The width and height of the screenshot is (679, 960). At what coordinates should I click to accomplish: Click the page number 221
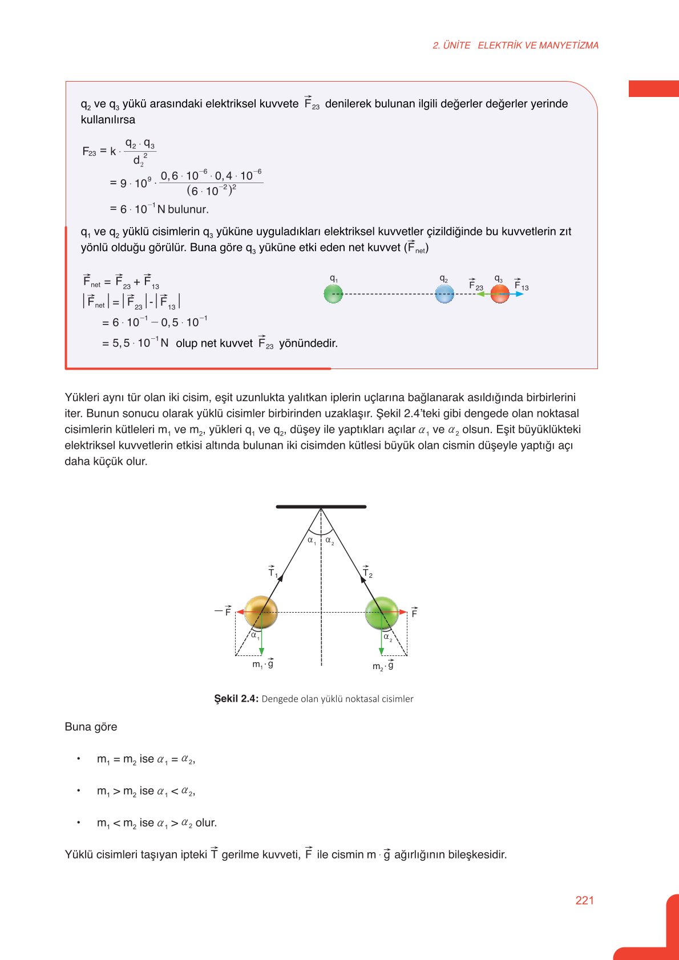tap(584, 900)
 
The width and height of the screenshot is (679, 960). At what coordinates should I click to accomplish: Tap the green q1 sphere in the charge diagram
tap(333, 294)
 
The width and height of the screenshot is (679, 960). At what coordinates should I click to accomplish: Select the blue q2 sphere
tap(444, 294)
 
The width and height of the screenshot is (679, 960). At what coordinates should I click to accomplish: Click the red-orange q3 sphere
tap(500, 294)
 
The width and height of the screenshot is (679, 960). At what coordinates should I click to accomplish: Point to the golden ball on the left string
tap(261, 612)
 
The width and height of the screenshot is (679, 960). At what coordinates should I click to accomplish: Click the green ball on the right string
tap(382, 612)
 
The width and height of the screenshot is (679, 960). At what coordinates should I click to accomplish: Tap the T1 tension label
tap(272, 572)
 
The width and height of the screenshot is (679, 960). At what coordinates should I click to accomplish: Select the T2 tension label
tap(367, 573)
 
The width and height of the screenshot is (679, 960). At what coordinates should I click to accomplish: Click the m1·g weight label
tap(262, 664)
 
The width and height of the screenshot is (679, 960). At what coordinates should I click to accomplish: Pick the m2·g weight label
tap(383, 666)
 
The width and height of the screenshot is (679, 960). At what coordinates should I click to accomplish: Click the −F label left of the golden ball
tap(223, 611)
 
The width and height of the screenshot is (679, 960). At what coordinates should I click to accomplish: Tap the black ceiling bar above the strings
tap(321, 507)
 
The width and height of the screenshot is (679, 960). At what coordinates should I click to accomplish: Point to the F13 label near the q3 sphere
tap(521, 285)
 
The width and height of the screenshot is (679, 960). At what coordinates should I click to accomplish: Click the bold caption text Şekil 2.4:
tap(236, 699)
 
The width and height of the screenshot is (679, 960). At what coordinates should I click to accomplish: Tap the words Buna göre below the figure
tap(91, 727)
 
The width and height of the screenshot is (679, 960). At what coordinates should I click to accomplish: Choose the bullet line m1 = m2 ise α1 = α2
tap(146, 759)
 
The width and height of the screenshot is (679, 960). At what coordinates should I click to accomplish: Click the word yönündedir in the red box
tap(308, 343)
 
